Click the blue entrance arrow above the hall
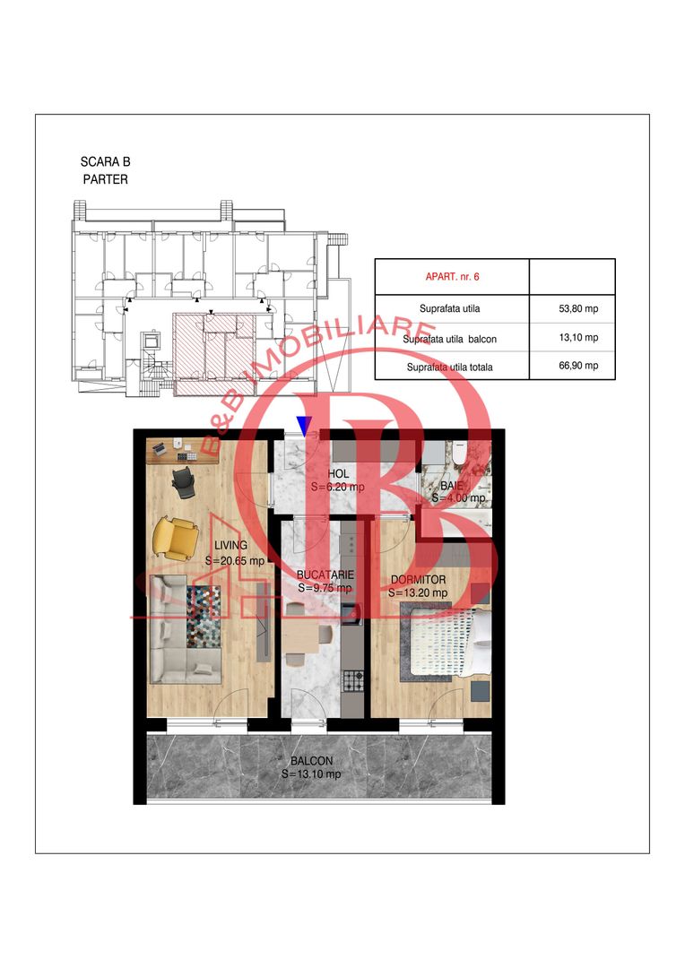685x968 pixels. [x=303, y=426]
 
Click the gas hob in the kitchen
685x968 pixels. [x=352, y=680]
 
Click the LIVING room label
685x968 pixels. [x=230, y=545]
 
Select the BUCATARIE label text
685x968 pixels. [x=325, y=575]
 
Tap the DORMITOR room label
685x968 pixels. [x=418, y=580]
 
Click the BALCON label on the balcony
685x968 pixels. [x=311, y=761]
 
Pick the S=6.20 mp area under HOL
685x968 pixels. [x=337, y=487]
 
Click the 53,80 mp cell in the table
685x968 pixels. [x=578, y=308]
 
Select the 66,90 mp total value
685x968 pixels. [x=578, y=366]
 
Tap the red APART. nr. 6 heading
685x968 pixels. [x=452, y=277]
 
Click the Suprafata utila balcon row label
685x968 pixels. [x=449, y=339]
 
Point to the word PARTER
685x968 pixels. [x=106, y=179]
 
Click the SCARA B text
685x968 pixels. [x=106, y=161]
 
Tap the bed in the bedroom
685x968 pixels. [x=444, y=641]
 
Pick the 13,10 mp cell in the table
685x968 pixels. [x=578, y=338]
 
